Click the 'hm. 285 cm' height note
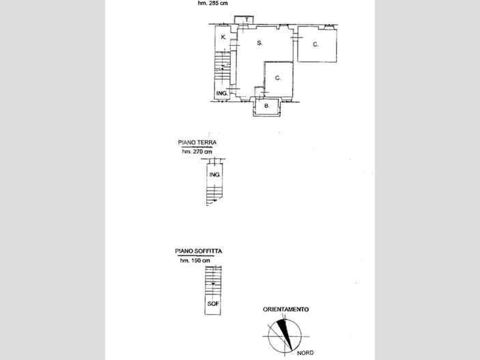coord(212,3)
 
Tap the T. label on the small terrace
coord(247,20)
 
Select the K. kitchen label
coord(223,37)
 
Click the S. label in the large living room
coord(259,43)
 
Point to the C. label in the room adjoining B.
coord(278,78)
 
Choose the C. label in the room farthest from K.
coord(315,44)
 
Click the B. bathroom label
coord(267,106)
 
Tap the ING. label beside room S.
coord(222,94)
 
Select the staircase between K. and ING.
coord(222,66)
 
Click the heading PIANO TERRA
coord(197,143)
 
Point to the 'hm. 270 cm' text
coord(197,152)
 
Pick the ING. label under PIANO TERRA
coord(215,175)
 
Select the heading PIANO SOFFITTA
coord(199,251)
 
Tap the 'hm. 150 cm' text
coord(195,261)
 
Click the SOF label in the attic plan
coord(213,303)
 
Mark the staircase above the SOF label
coord(213,281)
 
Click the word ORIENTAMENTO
coord(285,309)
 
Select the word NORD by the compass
coord(305,353)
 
